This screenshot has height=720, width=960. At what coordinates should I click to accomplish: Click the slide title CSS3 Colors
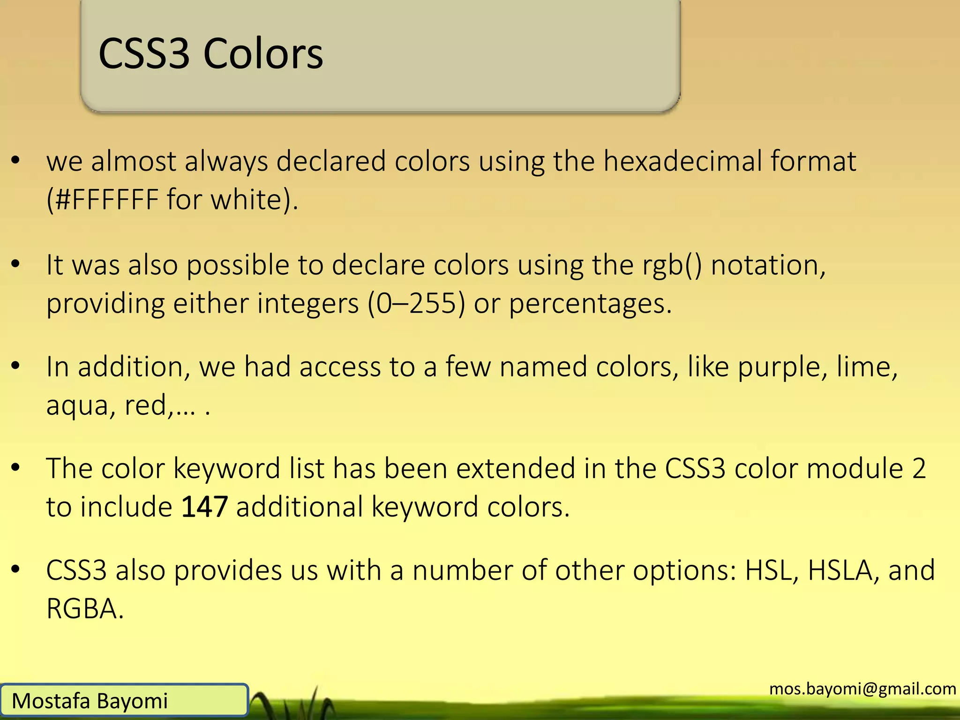(x=210, y=54)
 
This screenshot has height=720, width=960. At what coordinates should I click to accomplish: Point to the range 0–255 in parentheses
(x=417, y=304)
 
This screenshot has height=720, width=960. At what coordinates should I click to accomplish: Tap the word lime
(x=867, y=367)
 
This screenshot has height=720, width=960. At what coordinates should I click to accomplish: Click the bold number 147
(x=204, y=507)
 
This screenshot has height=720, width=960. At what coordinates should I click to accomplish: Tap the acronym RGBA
(x=85, y=609)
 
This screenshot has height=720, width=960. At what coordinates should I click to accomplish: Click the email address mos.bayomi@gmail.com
(x=862, y=689)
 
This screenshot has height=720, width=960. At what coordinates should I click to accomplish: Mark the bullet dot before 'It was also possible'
(x=16, y=264)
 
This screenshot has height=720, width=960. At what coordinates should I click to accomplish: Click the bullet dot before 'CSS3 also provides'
(x=16, y=570)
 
